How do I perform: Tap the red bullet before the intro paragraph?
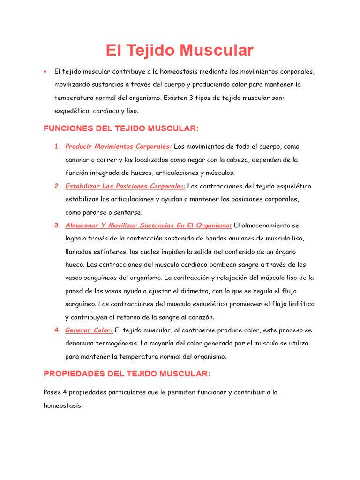45,72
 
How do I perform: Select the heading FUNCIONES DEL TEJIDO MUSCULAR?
121,128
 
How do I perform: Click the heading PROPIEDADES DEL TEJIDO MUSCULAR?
127,374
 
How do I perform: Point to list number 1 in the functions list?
57,147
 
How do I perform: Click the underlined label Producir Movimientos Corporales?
119,147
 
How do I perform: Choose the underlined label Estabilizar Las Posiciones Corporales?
125,186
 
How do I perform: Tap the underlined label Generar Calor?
89,330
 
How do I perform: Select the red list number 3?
57,225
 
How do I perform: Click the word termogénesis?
115,343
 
